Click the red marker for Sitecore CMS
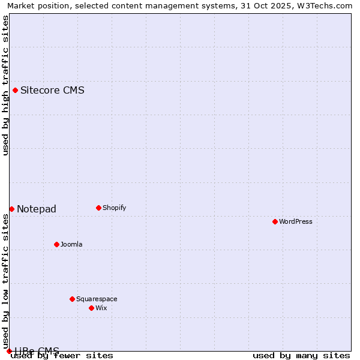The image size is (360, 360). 15,91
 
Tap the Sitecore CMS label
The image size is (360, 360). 52,91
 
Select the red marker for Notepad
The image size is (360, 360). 11,209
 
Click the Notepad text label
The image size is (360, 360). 37,209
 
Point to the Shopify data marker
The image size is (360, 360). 98,208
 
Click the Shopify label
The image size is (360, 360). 114,208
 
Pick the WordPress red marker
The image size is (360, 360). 275,221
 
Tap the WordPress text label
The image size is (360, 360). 295,221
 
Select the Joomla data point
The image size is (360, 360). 56,244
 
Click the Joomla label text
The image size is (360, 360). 71,244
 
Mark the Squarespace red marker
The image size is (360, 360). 72,299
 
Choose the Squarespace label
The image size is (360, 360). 97,299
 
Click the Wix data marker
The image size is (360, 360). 91,308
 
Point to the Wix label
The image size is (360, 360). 101,308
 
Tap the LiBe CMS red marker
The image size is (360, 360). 9,351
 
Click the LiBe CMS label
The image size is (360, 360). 37,351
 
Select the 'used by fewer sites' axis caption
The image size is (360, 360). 62,356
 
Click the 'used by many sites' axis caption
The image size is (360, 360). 301,356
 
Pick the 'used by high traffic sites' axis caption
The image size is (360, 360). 5,85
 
